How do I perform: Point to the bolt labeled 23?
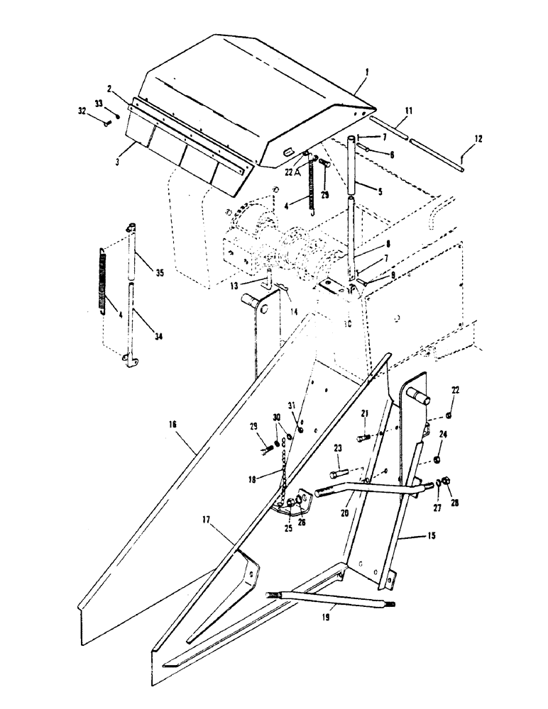[339, 472]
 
